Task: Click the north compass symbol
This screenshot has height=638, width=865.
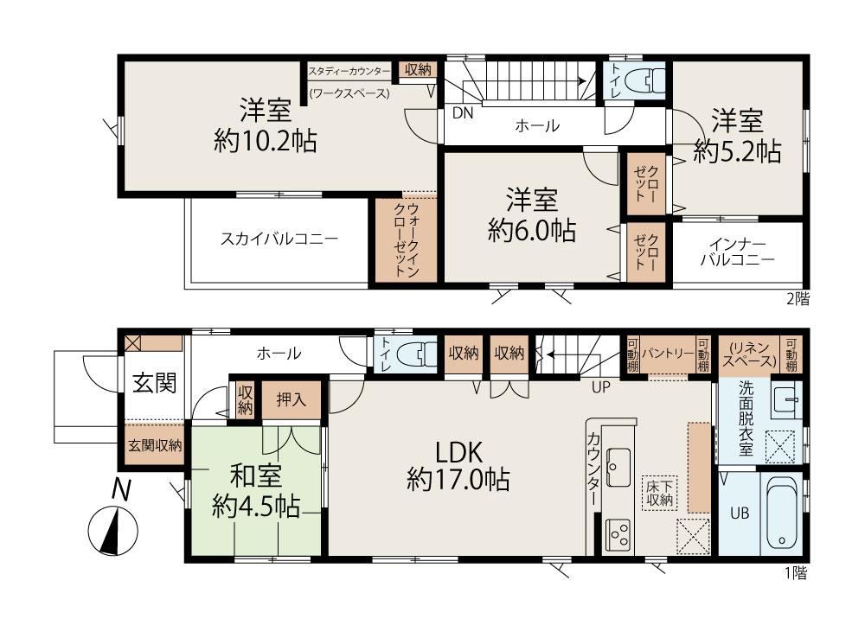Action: pyautogui.click(x=113, y=529)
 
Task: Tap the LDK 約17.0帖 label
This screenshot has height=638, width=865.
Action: pyautogui.click(x=458, y=465)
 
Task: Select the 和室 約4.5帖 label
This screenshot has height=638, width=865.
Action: pyautogui.click(x=255, y=491)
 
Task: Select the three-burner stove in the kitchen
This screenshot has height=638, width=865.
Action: pyautogui.click(x=618, y=533)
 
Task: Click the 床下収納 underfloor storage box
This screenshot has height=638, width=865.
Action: pyautogui.click(x=660, y=494)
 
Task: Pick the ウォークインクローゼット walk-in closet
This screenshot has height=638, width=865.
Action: pyautogui.click(x=406, y=239)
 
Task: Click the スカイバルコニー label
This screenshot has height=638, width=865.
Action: pyautogui.click(x=279, y=239)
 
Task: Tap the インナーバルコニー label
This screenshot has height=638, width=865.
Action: pyautogui.click(x=738, y=252)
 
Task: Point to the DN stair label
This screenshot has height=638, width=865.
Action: pyautogui.click(x=463, y=113)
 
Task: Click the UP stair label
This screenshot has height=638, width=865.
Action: pyautogui.click(x=601, y=387)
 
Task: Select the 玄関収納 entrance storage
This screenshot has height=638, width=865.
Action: pyautogui.click(x=155, y=444)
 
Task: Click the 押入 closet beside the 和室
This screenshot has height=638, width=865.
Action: pyautogui.click(x=291, y=399)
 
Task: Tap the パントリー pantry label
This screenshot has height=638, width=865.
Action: pyautogui.click(x=668, y=354)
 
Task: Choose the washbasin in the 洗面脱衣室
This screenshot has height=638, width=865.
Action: pyautogui.click(x=786, y=399)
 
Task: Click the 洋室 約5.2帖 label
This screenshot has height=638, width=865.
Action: pyautogui.click(x=737, y=137)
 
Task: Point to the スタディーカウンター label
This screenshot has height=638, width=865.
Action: pyautogui.click(x=349, y=71)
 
